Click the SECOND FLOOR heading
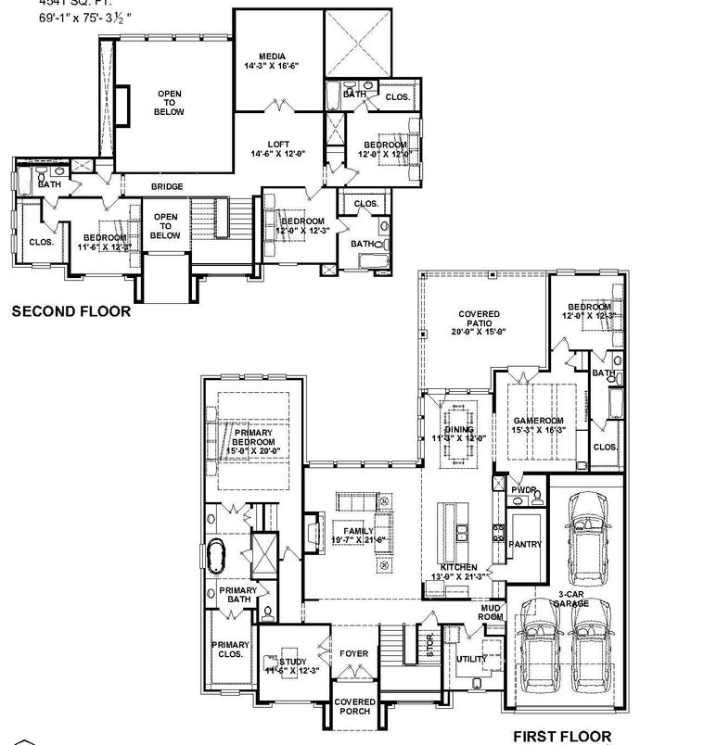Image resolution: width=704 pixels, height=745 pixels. [x=70, y=312]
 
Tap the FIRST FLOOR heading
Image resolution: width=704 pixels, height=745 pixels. [x=564, y=736]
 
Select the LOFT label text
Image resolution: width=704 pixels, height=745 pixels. [x=277, y=144]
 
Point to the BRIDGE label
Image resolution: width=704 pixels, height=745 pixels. [x=167, y=187]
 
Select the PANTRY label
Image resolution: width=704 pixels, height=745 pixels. [x=525, y=544]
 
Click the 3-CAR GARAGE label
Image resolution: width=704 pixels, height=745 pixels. [x=572, y=599]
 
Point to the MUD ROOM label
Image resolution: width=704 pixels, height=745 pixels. [x=490, y=612]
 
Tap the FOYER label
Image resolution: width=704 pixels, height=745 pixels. [x=353, y=653]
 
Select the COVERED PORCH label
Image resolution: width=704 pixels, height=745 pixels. [x=354, y=707]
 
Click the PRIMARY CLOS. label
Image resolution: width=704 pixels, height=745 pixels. [x=229, y=650]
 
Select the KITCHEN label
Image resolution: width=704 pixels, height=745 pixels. [x=458, y=567]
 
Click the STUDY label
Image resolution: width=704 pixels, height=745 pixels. [x=293, y=662]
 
